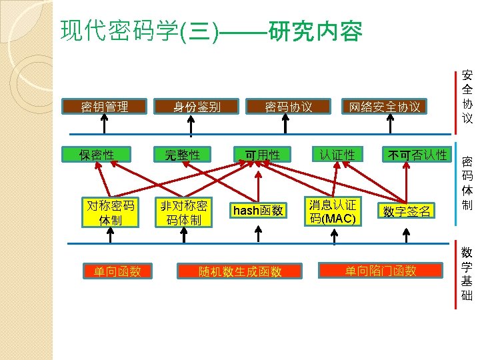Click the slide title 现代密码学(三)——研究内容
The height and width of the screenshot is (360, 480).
click(x=211, y=31)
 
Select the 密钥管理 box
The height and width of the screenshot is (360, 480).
click(x=104, y=106)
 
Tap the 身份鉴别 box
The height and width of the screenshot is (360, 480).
click(x=197, y=106)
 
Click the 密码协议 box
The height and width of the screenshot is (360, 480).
click(x=288, y=107)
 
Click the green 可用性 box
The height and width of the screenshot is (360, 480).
click(x=263, y=155)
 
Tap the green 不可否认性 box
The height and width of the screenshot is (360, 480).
click(x=418, y=155)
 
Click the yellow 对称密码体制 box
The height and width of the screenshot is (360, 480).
click(x=111, y=212)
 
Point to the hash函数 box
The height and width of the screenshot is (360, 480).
click(x=257, y=211)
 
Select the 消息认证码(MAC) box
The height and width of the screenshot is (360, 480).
click(x=333, y=211)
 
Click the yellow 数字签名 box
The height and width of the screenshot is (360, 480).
click(x=407, y=211)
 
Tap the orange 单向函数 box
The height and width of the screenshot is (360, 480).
click(x=117, y=271)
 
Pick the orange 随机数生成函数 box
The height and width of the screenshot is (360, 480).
click(x=240, y=271)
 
